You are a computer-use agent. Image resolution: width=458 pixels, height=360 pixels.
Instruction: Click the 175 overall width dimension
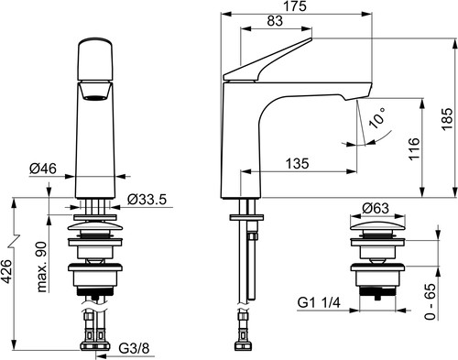pyautogui.click(x=296, y=6)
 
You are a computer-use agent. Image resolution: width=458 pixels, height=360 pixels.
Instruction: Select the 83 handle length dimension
pyautogui.click(x=275, y=21)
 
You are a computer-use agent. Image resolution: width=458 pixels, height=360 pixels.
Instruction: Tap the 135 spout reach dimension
pyautogui.click(x=297, y=163)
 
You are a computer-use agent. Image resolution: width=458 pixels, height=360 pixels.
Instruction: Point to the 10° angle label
pyautogui.click(x=377, y=117)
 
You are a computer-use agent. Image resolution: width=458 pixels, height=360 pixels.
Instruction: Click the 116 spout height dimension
pyautogui.click(x=414, y=148)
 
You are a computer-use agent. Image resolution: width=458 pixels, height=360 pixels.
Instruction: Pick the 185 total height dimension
pyautogui.click(x=447, y=119)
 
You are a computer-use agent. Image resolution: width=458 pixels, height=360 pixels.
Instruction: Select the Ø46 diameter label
pyautogui.click(x=43, y=169)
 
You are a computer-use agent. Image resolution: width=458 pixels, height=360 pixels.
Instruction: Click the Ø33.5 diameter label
pyautogui.click(x=147, y=200)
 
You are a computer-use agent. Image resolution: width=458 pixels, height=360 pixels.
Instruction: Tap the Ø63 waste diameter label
pyautogui.click(x=376, y=209)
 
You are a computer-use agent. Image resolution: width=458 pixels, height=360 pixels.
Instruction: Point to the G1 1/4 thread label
pyautogui.click(x=319, y=303)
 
